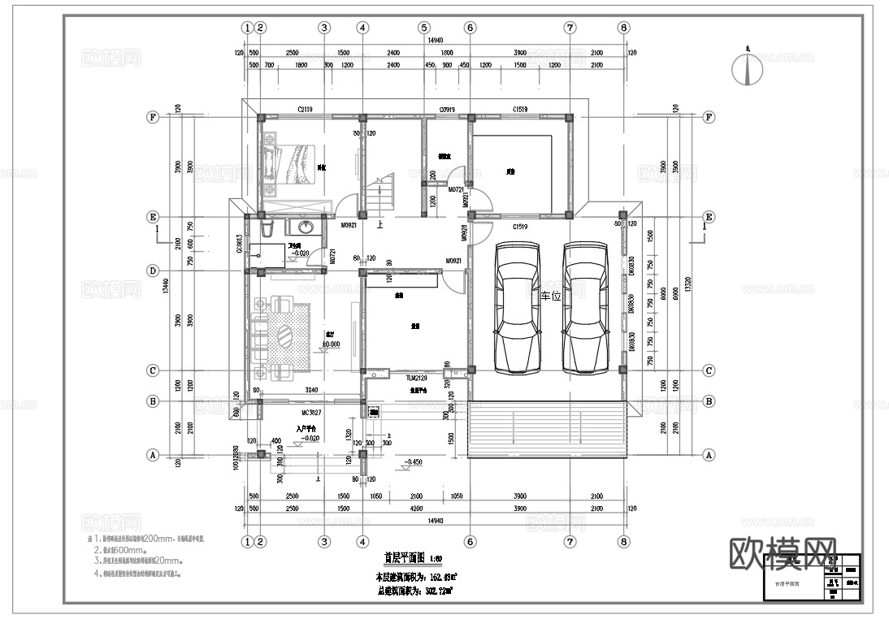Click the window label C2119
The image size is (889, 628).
pos(306,109)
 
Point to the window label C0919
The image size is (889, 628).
pos(447,109)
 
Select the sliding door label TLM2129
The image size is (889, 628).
pos(416,379)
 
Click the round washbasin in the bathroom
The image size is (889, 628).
pos(307,227)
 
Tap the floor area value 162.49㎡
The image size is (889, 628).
pos(440,576)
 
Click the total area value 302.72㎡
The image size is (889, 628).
pos(440,591)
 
